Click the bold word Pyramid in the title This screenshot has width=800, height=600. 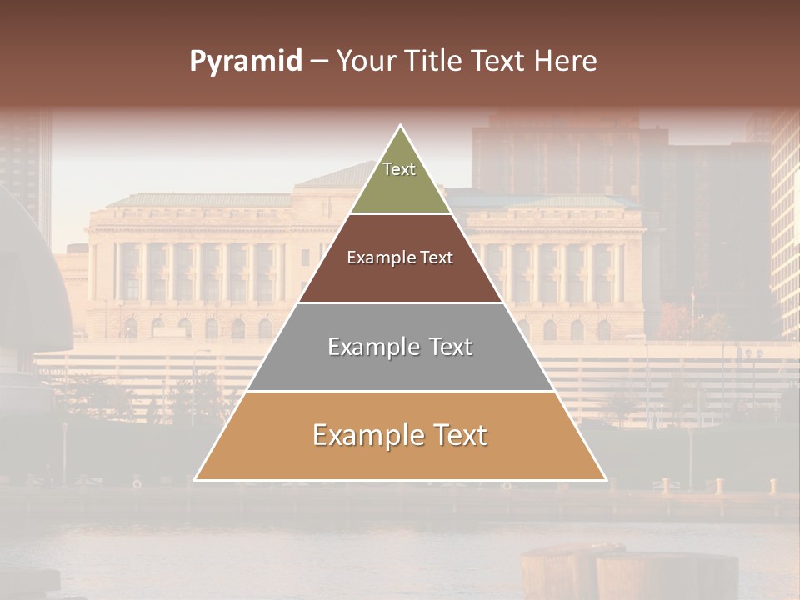(x=246, y=62)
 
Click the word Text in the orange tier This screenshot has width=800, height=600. (x=454, y=435)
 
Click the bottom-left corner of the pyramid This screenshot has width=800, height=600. (x=195, y=480)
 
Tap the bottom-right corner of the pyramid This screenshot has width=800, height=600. (x=606, y=480)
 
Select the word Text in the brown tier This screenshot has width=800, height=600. (x=437, y=257)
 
